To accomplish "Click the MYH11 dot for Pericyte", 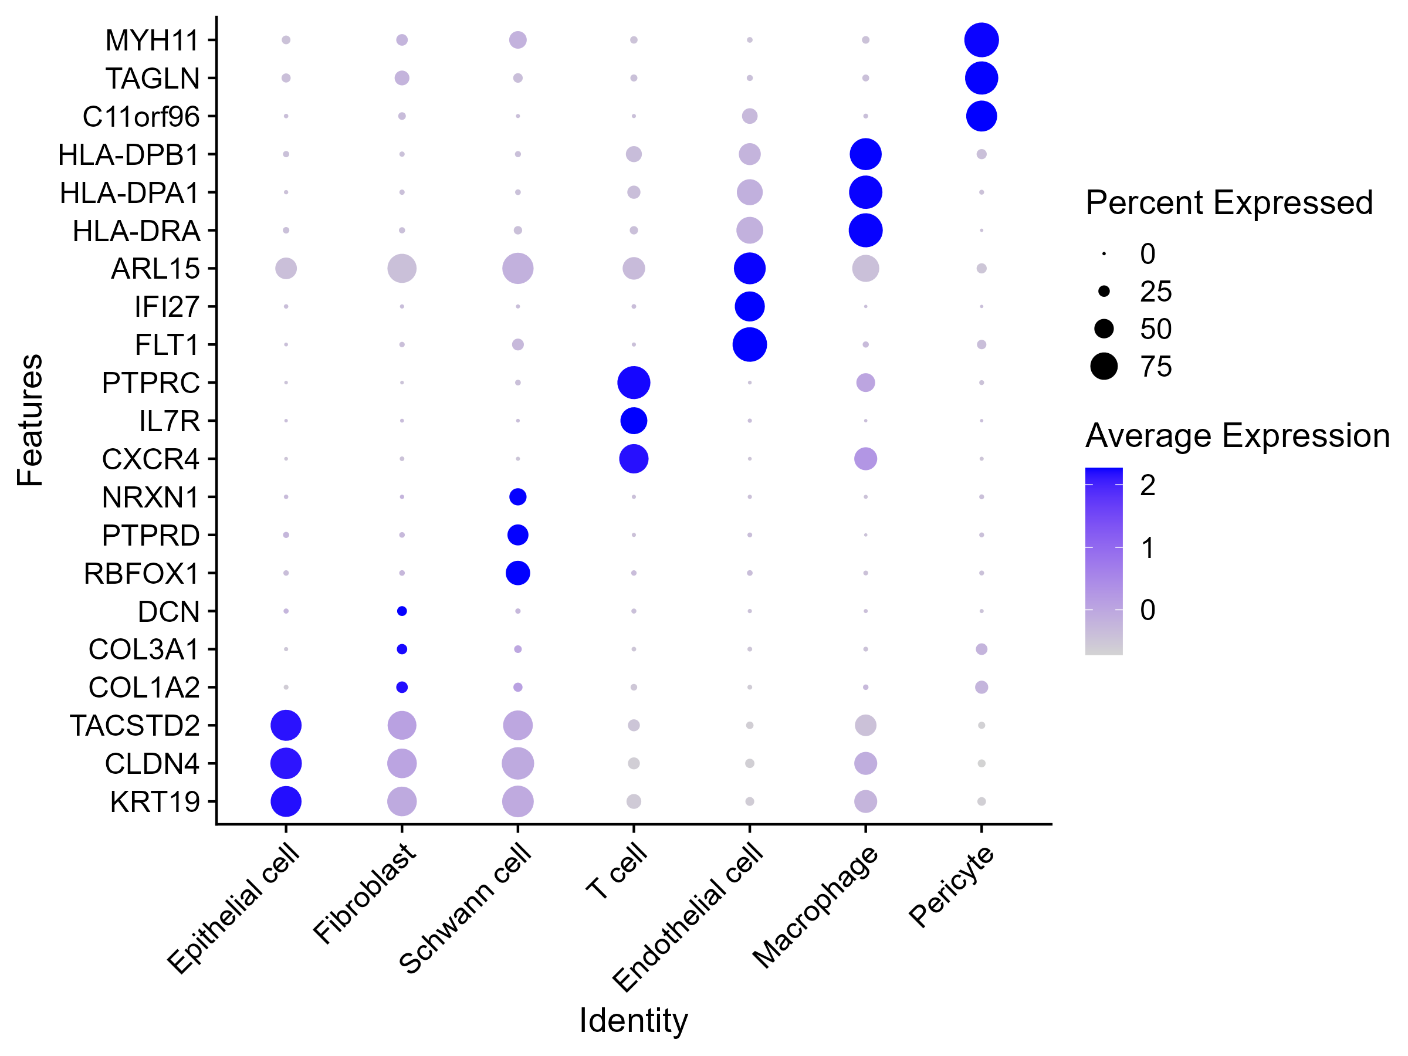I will (981, 40).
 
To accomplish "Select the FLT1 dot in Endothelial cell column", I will (749, 345).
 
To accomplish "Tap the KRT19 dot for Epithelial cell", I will (286, 801).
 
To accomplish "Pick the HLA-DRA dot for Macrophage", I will (865, 231).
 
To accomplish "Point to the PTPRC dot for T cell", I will (634, 383).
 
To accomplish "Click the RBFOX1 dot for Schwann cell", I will (517, 573).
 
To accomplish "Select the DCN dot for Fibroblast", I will (402, 611).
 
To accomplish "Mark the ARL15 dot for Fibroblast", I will (402, 269).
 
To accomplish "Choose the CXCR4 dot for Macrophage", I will (865, 459).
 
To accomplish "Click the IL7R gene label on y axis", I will (170, 421).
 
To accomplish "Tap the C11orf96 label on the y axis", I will (141, 117).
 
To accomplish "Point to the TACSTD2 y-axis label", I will (134, 726).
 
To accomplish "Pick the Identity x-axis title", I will (634, 1020).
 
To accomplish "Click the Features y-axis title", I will (30, 420).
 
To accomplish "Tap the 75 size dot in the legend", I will (1104, 367).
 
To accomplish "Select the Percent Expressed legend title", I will (1228, 203).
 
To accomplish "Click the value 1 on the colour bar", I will (1147, 548).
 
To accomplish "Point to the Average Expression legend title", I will (1237, 436).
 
